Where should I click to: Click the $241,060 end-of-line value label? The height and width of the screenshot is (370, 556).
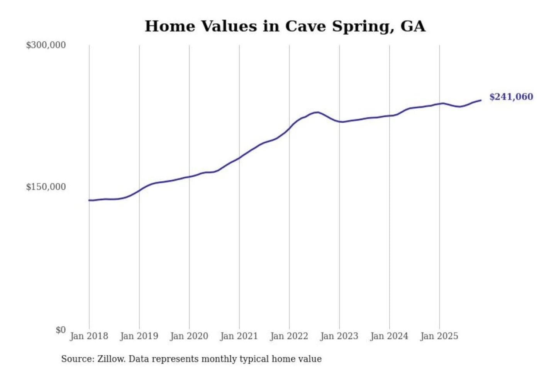(x=511, y=97)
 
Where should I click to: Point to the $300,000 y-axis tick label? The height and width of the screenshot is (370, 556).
(x=46, y=45)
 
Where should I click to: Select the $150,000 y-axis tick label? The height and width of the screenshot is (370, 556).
(x=46, y=187)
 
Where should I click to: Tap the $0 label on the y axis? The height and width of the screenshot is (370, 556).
(x=61, y=330)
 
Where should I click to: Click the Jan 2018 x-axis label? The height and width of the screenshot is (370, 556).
(x=89, y=336)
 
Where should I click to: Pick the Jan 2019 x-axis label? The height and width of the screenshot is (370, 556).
(x=139, y=336)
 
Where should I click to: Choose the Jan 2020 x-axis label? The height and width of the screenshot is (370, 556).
(x=189, y=336)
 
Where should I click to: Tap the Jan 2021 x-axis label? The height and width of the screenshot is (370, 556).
(x=239, y=336)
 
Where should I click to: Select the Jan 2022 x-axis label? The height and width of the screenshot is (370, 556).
(x=289, y=336)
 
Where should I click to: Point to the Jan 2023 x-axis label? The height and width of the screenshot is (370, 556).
(x=339, y=336)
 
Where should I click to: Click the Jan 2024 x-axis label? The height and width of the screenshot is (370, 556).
(x=389, y=336)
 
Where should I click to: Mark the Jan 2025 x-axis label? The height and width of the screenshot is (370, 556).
(x=439, y=336)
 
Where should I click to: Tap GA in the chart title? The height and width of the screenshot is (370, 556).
(x=413, y=26)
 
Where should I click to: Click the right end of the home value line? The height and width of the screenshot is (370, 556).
(x=481, y=100)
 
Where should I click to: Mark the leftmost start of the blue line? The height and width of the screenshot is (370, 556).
(x=89, y=200)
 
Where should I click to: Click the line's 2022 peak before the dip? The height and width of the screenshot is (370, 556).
(x=317, y=112)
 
